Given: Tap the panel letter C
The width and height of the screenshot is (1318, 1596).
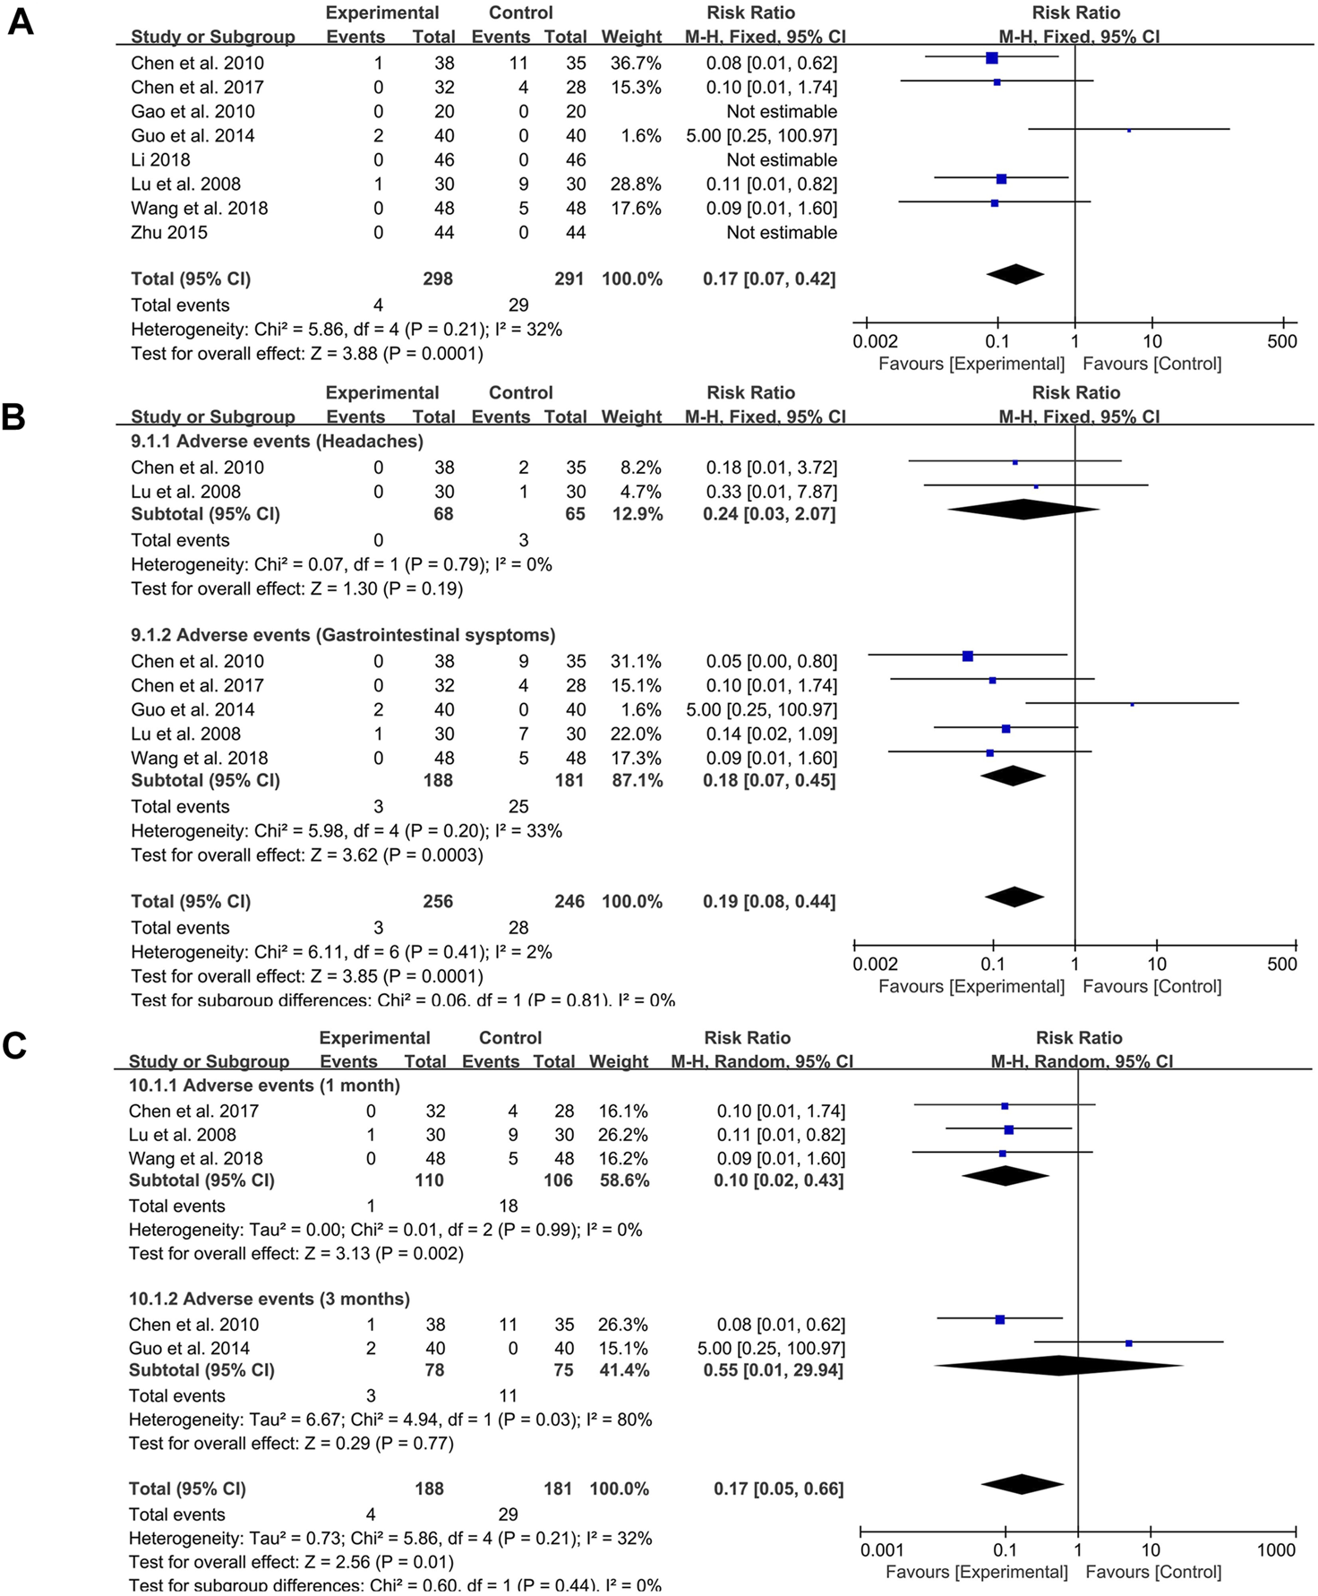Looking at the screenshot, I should (x=15, y=1045).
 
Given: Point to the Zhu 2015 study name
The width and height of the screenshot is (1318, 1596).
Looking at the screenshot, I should (x=169, y=233).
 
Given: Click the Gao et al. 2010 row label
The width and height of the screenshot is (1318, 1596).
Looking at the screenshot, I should (x=193, y=112).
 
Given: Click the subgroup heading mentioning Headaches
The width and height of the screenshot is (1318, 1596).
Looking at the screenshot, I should (x=277, y=442).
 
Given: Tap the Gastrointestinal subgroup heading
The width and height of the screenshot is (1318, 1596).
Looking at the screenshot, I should (x=343, y=636).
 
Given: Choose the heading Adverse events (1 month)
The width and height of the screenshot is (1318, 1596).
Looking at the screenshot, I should (x=264, y=1086).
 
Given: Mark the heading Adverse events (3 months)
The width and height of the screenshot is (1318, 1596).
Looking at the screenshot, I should (x=269, y=1300).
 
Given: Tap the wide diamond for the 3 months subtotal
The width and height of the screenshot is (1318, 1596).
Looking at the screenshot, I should (x=1058, y=1366).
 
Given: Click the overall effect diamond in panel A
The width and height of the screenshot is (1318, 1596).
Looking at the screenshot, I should (x=1015, y=274).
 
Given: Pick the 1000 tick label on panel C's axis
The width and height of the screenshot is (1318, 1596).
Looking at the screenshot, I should (x=1276, y=1550).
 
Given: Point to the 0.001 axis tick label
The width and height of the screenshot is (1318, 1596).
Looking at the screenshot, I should (x=882, y=1550).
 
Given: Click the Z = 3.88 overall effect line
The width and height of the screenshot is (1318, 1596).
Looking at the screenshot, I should (x=306, y=354).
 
